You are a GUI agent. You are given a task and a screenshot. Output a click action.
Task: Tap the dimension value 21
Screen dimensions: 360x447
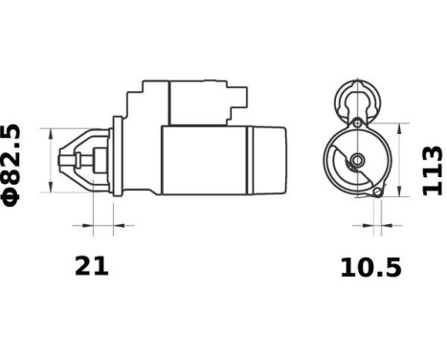92,266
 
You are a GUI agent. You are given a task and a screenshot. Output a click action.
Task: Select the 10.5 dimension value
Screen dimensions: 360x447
370,268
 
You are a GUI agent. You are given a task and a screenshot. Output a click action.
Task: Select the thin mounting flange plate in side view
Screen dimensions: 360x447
116,158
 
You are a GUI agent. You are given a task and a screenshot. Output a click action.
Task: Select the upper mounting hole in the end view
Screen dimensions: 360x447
357,124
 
